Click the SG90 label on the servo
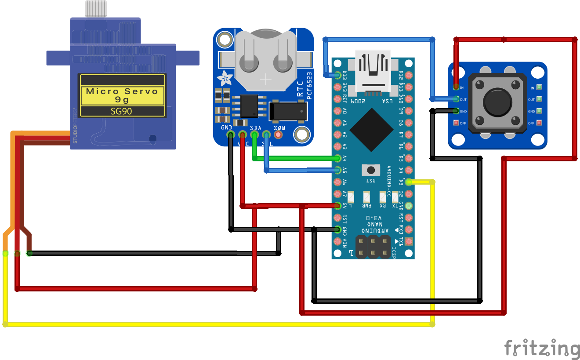coord(122,112)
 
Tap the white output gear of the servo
coord(96,8)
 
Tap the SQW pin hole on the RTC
coord(277,135)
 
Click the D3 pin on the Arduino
coord(409,182)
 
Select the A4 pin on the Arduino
coord(337,158)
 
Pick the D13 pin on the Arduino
coord(337,75)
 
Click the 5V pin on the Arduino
coord(337,205)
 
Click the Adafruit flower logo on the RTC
coord(226,78)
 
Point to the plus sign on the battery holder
coord(265,80)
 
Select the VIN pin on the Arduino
coord(337,241)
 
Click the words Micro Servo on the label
coord(122,91)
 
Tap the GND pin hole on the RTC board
coord(230,135)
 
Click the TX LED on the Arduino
coord(395,196)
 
